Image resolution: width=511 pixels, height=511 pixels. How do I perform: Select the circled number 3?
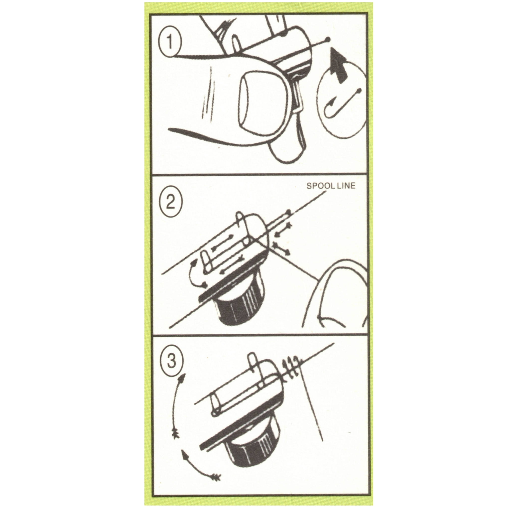171,362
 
